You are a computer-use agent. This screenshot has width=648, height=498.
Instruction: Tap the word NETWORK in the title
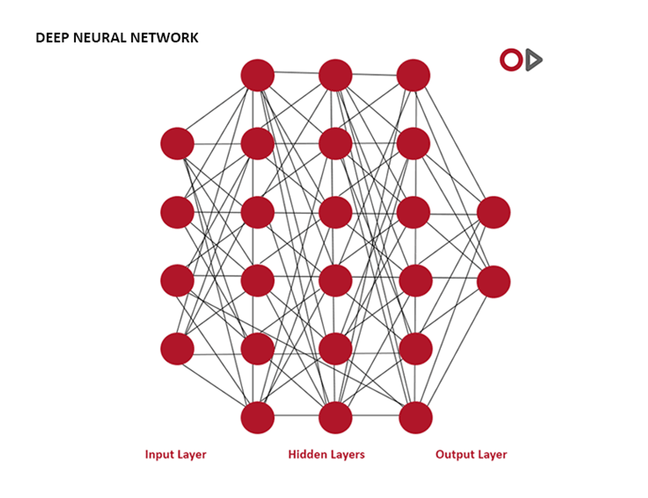pyautogui.click(x=164, y=38)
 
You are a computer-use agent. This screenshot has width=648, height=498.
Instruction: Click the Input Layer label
pyautogui.click(x=175, y=454)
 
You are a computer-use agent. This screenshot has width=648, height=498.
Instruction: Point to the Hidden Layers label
pyautogui.click(x=326, y=454)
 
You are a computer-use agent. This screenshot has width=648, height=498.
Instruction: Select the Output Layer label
pyautogui.click(x=471, y=454)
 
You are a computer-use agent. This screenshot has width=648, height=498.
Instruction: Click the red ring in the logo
pyautogui.click(x=511, y=60)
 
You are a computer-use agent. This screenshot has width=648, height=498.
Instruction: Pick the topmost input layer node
pyautogui.click(x=177, y=144)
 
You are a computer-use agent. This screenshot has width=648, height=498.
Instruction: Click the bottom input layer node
pyautogui.click(x=177, y=349)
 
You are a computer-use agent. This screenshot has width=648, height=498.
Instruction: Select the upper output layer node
pyautogui.click(x=493, y=212)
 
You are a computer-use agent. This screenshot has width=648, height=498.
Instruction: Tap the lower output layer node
pyautogui.click(x=493, y=282)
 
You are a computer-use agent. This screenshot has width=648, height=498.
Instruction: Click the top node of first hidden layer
pyautogui.click(x=257, y=75)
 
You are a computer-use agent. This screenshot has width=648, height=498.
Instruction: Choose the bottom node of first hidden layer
pyautogui.click(x=257, y=417)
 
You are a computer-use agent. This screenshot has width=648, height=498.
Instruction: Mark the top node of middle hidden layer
pyautogui.click(x=335, y=75)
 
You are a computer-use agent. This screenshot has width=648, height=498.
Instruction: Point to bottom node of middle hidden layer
pyautogui.click(x=335, y=417)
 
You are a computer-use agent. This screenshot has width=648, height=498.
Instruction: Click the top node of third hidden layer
pyautogui.click(x=413, y=75)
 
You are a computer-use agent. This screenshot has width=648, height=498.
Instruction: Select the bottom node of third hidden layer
pyautogui.click(x=416, y=417)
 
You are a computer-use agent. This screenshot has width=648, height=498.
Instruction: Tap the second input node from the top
pyautogui.click(x=177, y=212)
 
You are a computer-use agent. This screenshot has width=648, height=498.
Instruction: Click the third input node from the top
pyautogui.click(x=177, y=281)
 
